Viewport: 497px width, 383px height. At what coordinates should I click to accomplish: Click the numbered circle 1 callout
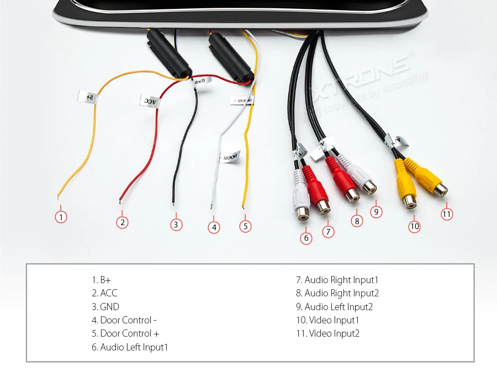click(61, 217)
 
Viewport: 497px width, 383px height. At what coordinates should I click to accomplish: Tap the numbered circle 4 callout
click(214, 227)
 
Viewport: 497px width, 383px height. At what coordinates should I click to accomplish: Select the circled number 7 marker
click(328, 232)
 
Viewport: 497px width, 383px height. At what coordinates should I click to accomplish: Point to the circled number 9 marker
click(376, 211)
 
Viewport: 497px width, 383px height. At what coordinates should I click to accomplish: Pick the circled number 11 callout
click(447, 214)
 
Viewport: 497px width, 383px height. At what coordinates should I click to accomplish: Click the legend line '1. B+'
click(105, 280)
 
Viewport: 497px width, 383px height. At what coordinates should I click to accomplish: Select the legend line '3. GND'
click(105, 307)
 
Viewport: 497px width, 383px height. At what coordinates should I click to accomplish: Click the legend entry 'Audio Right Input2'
click(337, 293)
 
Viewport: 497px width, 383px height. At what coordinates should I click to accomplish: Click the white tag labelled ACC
click(151, 101)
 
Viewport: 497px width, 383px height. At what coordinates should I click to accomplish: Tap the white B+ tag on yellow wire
click(87, 98)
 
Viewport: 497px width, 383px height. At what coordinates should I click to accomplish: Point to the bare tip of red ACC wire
click(120, 200)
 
